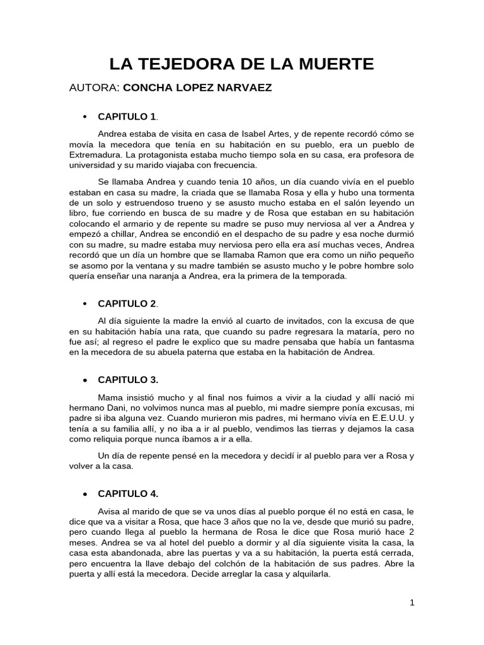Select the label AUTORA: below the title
94,88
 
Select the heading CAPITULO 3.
128,380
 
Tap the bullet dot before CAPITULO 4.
84,493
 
